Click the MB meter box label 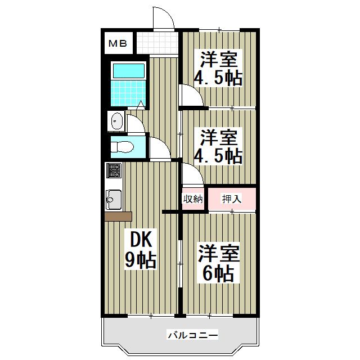pos(117,43)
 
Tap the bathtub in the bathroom pos(128,70)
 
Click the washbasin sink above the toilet pos(117,120)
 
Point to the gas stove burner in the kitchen pos(114,170)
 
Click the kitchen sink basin pos(113,199)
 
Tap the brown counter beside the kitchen pos(118,217)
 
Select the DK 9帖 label pos(139,250)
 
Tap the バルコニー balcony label pos(192,336)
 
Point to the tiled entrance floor pos(156,42)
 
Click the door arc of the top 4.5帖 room pos(189,94)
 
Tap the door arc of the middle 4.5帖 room pos(190,174)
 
